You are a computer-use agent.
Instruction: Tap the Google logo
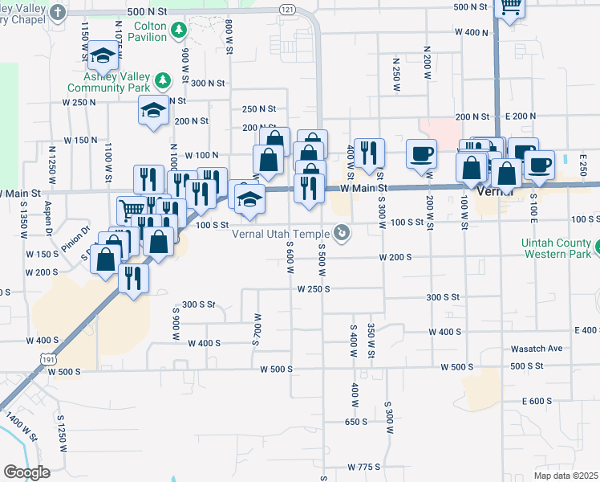tap(26, 472)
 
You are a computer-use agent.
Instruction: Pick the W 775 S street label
tap(363, 467)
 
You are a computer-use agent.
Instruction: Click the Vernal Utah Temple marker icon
tap(343, 234)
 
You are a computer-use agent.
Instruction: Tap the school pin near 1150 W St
tap(102, 55)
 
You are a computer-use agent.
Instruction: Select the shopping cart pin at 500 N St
tap(510, 6)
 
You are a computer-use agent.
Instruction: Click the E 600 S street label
tap(537, 401)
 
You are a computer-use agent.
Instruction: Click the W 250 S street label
tap(313, 288)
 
